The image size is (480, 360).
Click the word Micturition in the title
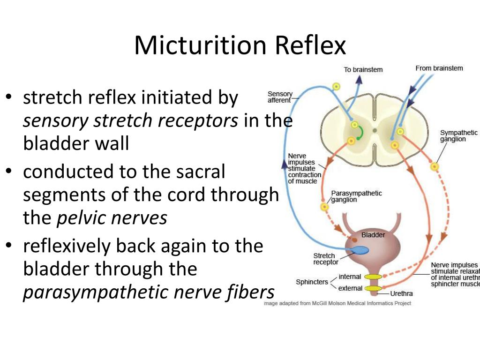tap(200, 45)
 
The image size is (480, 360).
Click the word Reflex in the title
tap(310, 45)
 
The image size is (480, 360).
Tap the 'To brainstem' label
tap(363, 70)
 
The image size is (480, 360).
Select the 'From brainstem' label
tap(439, 68)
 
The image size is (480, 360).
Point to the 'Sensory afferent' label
tap(279, 97)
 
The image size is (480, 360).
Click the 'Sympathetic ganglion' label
tap(458, 136)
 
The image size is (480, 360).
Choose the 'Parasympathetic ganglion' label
tap(356, 196)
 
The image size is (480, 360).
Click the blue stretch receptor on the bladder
tap(359, 250)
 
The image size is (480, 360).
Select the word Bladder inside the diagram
tap(373, 235)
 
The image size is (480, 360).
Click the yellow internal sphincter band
tap(373, 277)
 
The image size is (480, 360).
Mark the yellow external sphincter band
tap(374, 288)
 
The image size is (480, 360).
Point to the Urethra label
tap(401, 294)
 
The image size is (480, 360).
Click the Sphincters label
tap(312, 282)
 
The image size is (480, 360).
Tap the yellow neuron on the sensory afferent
tap(336, 86)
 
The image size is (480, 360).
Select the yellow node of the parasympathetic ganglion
tap(324, 207)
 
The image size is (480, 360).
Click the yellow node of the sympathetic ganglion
tap(435, 166)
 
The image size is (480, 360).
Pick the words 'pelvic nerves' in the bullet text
tap(112, 218)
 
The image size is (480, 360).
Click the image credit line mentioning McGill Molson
tap(337, 303)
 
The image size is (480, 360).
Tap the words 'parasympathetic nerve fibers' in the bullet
tap(148, 292)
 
